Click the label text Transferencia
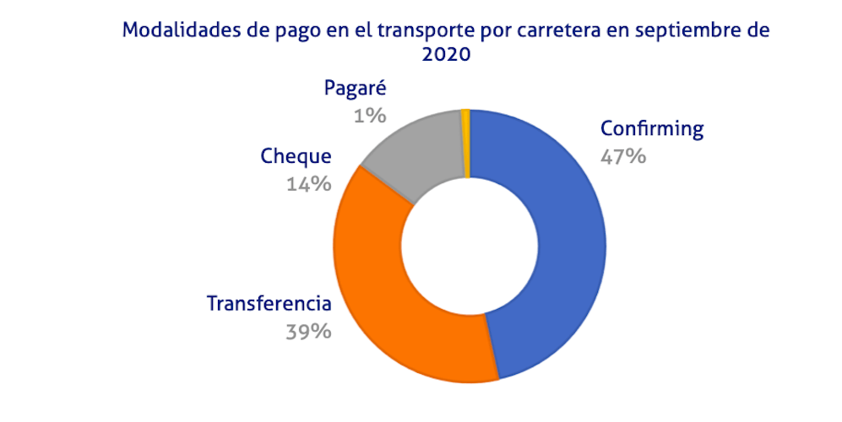click(269, 304)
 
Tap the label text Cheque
click(296, 157)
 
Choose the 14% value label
click(308, 183)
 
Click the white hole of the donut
click(470, 244)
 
